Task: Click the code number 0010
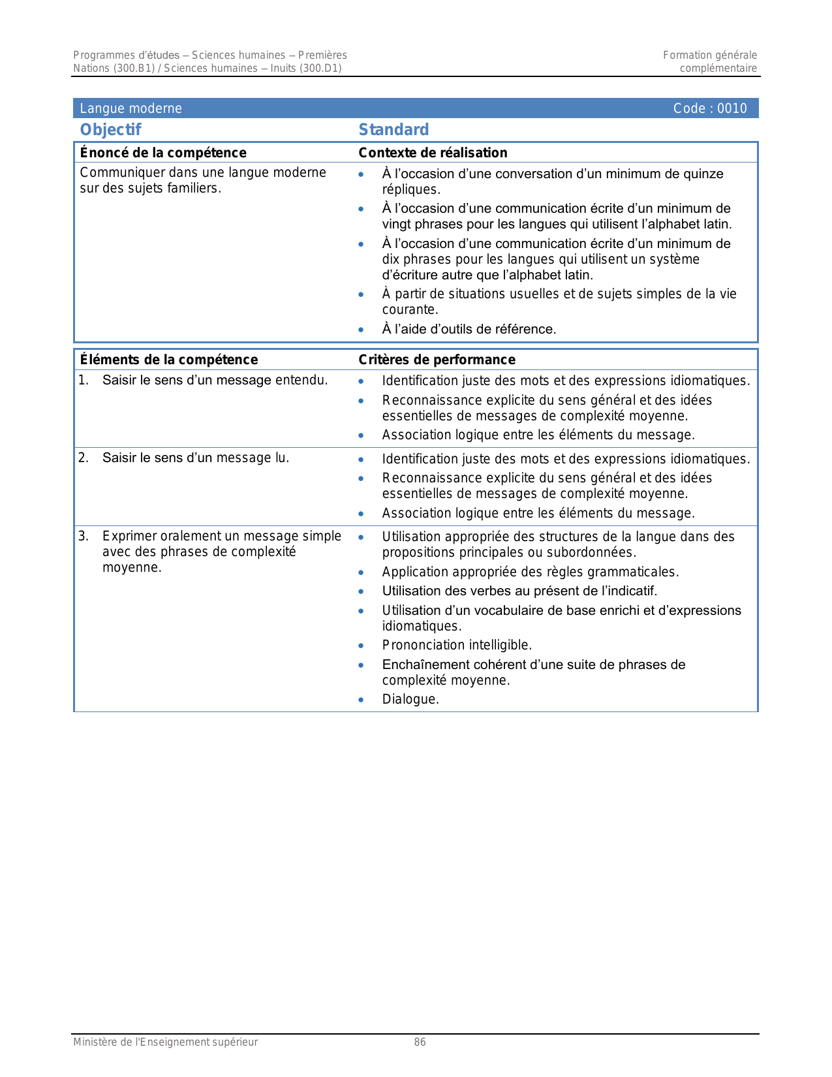tap(732, 108)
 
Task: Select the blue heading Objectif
tap(110, 130)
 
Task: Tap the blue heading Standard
tap(393, 130)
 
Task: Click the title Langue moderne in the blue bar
tap(131, 108)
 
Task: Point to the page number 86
tap(420, 1042)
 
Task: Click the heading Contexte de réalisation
tap(433, 153)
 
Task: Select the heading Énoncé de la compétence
tap(163, 153)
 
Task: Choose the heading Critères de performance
tap(437, 360)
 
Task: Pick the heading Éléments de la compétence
tap(169, 360)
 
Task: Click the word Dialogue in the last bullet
tap(409, 700)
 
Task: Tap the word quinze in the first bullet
tap(703, 174)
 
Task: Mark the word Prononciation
tap(422, 646)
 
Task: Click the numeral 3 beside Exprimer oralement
tap(83, 537)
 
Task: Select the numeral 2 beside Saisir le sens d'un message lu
tap(83, 458)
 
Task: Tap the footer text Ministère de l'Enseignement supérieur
tap(165, 1042)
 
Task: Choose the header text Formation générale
tap(710, 55)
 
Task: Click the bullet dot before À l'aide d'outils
tap(361, 330)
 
